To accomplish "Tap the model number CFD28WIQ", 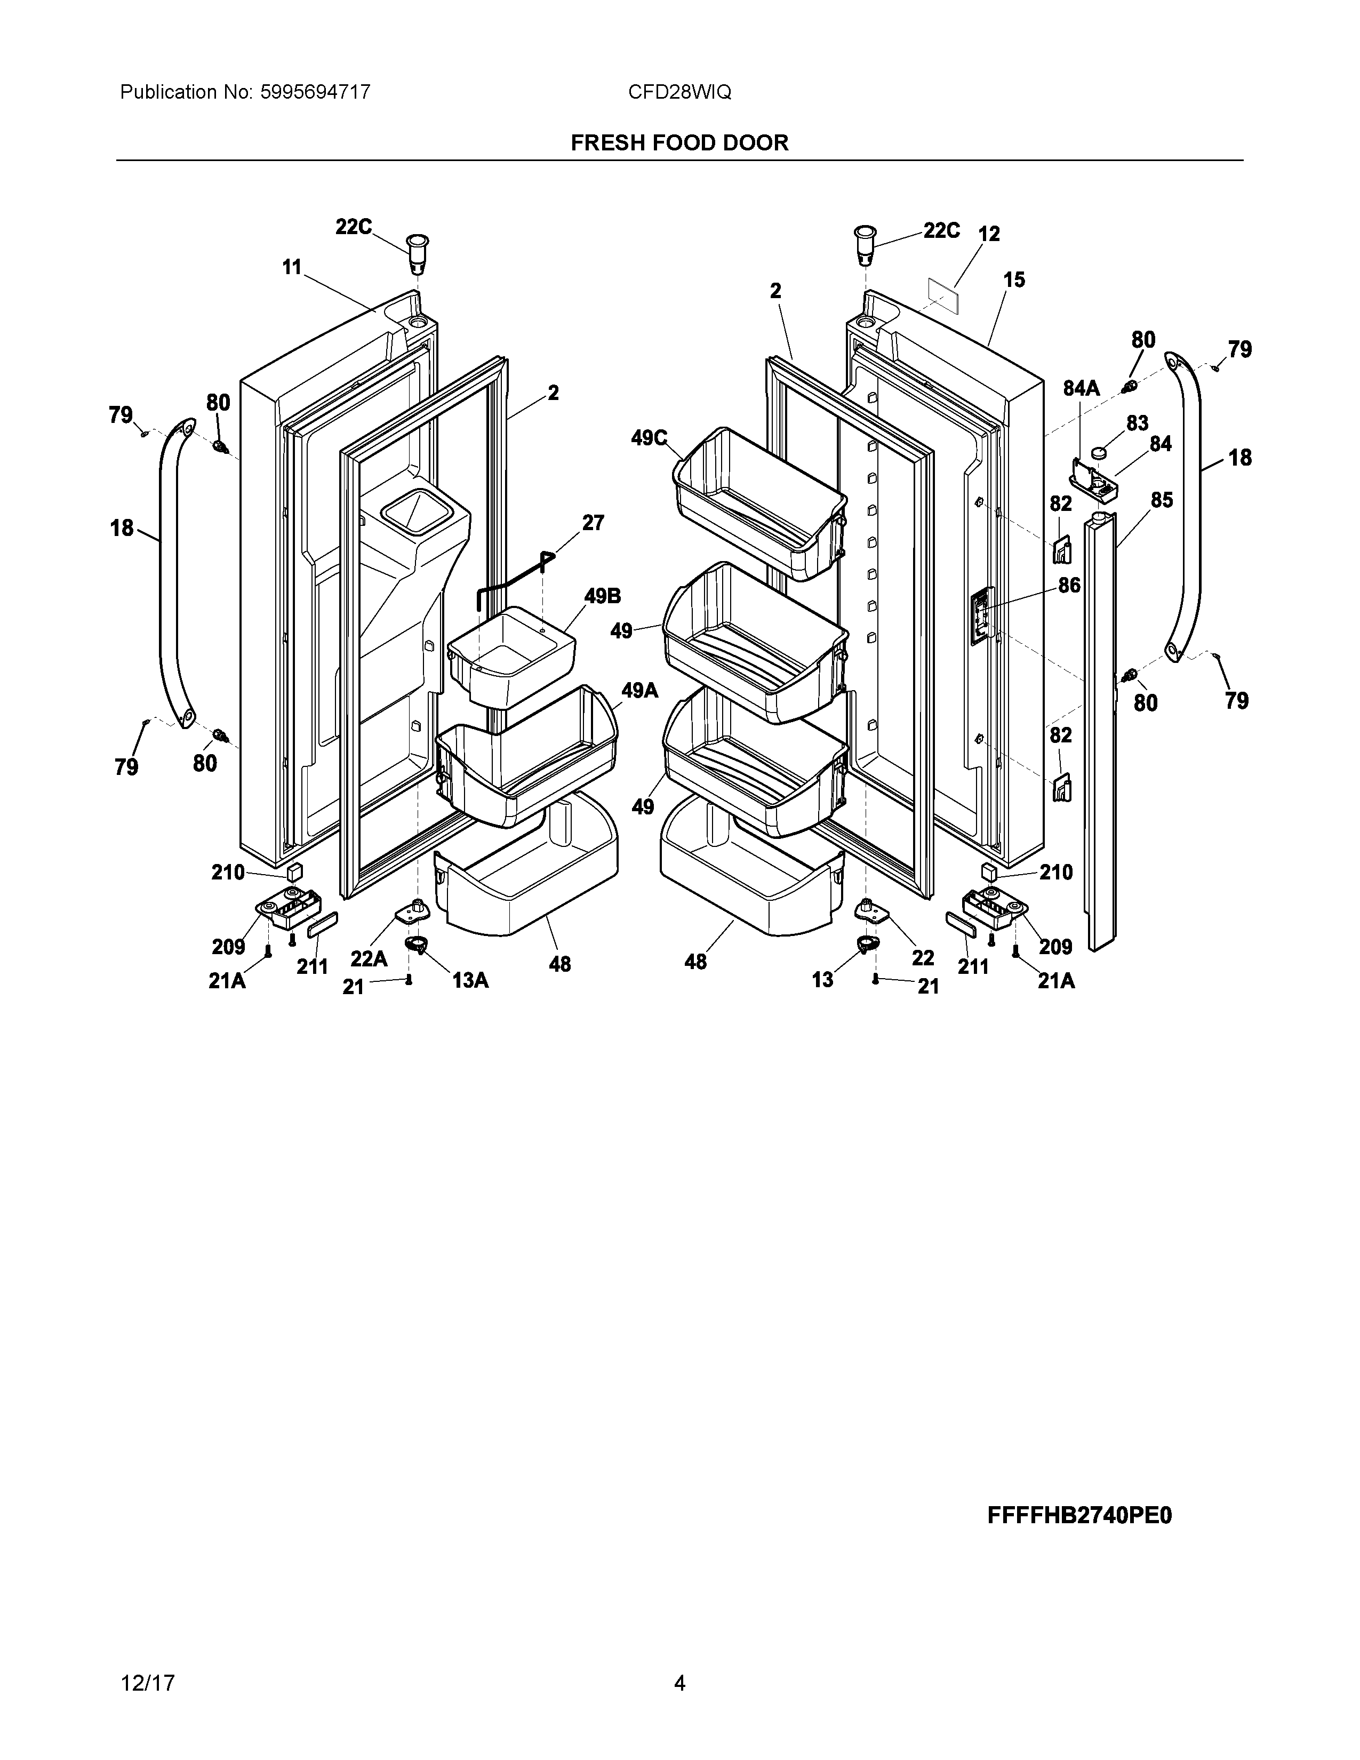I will tap(679, 93).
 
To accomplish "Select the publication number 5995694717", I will tap(315, 93).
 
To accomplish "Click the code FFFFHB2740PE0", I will tap(1079, 1515).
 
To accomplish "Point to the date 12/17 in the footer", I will tap(147, 1660).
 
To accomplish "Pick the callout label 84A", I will tap(1081, 388).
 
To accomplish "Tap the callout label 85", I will tap(1161, 500).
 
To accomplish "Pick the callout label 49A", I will tap(639, 691).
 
